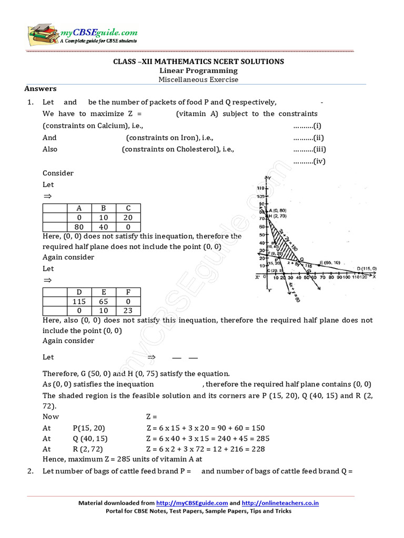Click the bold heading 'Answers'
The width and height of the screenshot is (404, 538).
[x=41, y=89]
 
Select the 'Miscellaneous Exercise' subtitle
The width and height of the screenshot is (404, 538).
[x=198, y=80]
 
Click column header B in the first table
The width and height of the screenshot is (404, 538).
[x=104, y=208]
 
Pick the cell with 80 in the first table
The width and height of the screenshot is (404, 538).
[x=79, y=227]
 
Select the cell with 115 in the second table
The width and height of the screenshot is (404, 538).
[x=79, y=302]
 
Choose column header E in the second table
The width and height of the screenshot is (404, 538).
[x=104, y=292]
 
